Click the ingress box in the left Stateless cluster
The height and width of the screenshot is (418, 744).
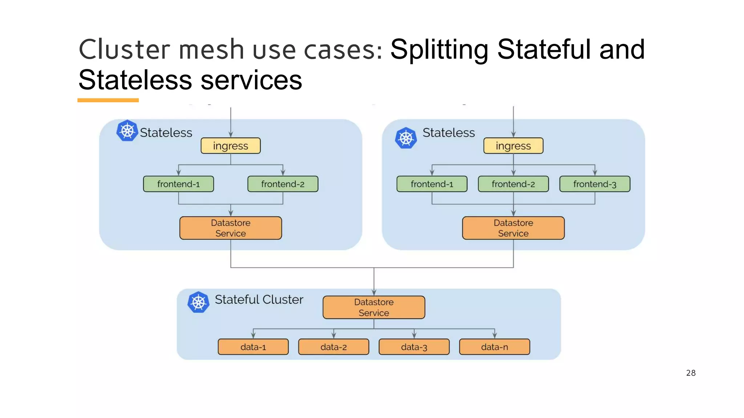[230, 146]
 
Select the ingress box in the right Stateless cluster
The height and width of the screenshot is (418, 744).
[513, 146]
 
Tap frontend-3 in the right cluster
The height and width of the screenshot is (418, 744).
[594, 184]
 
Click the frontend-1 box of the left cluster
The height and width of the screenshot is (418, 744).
[178, 184]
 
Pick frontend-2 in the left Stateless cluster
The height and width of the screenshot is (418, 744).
[283, 184]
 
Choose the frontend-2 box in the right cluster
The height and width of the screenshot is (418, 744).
[513, 184]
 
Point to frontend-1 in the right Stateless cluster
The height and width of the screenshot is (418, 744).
[432, 184]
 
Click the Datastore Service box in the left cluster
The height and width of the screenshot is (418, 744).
[230, 228]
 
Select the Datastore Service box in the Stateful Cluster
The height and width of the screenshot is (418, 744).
[373, 307]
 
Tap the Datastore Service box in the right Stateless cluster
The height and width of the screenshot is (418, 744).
[513, 228]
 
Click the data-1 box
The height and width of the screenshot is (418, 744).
[253, 347]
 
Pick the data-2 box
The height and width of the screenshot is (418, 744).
[333, 347]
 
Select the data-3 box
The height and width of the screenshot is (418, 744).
[414, 347]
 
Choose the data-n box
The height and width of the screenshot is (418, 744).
[494, 347]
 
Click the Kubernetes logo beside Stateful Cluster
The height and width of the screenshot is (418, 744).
[198, 302]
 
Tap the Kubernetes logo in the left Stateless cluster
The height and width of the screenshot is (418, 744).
[127, 131]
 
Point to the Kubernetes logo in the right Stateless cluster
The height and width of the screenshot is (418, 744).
[406, 138]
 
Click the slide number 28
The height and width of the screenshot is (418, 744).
[691, 373]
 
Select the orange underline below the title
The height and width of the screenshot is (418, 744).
[108, 100]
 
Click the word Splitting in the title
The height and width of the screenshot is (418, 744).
[439, 50]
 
